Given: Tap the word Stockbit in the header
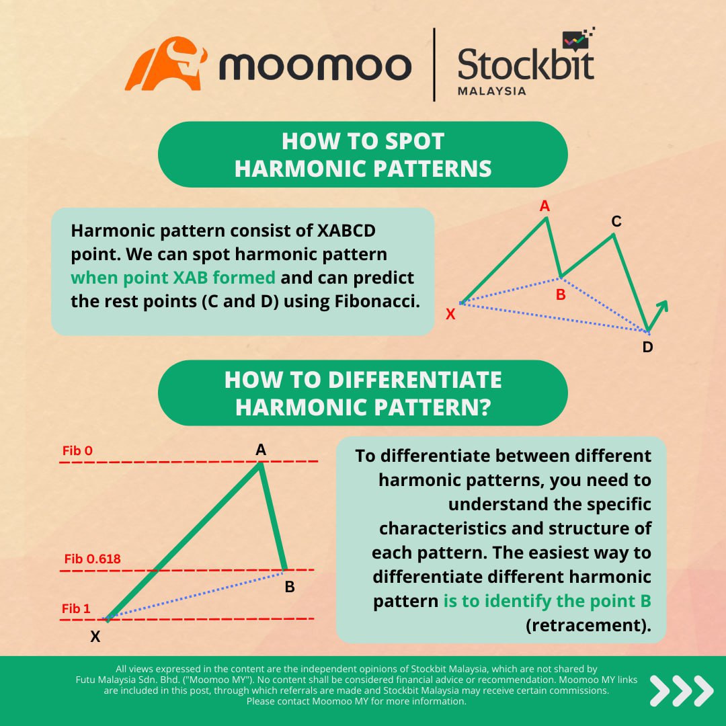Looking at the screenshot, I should pos(526,66).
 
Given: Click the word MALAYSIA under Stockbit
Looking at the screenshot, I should pos(491,91).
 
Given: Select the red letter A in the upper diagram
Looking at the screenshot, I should pos(544,206).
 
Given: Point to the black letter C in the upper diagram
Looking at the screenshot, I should pos(616,221).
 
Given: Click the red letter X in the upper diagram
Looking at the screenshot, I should pos(450,313).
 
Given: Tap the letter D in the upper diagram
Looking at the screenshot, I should pos(647,347).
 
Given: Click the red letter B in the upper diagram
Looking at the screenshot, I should pos(561,294).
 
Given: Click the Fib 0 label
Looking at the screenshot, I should pos(77,450).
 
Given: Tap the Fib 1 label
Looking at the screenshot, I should pos(76,609).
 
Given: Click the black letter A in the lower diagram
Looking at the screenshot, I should pos(261,450).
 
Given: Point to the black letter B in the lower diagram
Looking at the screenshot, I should pos(290,587).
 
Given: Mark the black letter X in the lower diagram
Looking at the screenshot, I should pos(95,636).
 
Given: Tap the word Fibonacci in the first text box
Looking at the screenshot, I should pos(377,301).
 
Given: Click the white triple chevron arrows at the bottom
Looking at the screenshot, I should pos(681,690).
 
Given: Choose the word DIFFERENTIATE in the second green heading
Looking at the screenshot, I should pos(415,380).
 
